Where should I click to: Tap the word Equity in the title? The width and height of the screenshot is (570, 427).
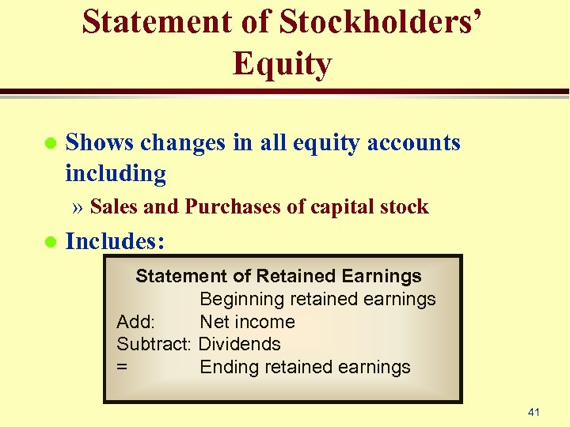pos(283,63)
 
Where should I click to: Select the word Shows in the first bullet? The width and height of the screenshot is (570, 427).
pos(100,142)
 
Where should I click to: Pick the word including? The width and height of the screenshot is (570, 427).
pos(116,173)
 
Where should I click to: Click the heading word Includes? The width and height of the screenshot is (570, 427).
pos(115,241)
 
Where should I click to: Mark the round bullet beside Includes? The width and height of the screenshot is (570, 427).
pos(50,242)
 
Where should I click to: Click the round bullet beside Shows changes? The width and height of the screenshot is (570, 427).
pos(50,144)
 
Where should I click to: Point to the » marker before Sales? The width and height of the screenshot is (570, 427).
pos(78,208)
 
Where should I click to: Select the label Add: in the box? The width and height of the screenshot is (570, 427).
pos(136,322)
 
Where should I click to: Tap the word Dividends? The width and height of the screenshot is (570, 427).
pos(239,344)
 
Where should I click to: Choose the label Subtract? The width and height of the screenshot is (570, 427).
pos(154,344)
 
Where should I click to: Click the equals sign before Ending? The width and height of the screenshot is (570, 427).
pos(122,367)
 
